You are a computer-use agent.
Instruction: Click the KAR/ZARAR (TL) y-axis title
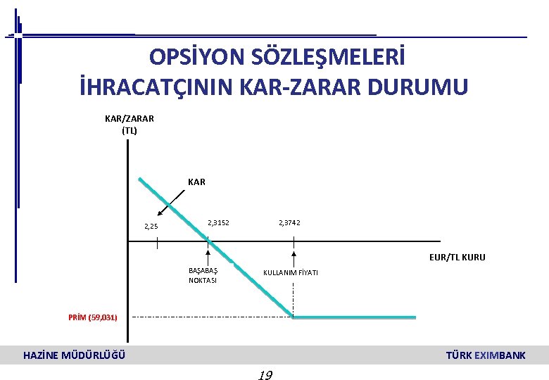pos(130,124)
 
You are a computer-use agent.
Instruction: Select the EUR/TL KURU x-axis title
pos(458,258)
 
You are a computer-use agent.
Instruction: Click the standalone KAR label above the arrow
pos(197,182)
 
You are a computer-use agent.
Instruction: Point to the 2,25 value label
pos(151,227)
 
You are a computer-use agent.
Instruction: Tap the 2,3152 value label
pos(218,223)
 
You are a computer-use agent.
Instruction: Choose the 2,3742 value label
pos(289,223)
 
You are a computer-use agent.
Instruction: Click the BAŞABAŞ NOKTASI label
pos(203,275)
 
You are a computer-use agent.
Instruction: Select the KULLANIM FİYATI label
pos(291,272)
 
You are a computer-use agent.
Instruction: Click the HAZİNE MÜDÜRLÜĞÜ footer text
pos(75,355)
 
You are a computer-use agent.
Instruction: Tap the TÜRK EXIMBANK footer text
pos(486,355)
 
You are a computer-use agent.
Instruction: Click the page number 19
pos(265,374)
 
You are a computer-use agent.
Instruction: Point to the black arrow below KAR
pos(172,203)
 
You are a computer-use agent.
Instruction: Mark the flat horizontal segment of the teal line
pos(354,317)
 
